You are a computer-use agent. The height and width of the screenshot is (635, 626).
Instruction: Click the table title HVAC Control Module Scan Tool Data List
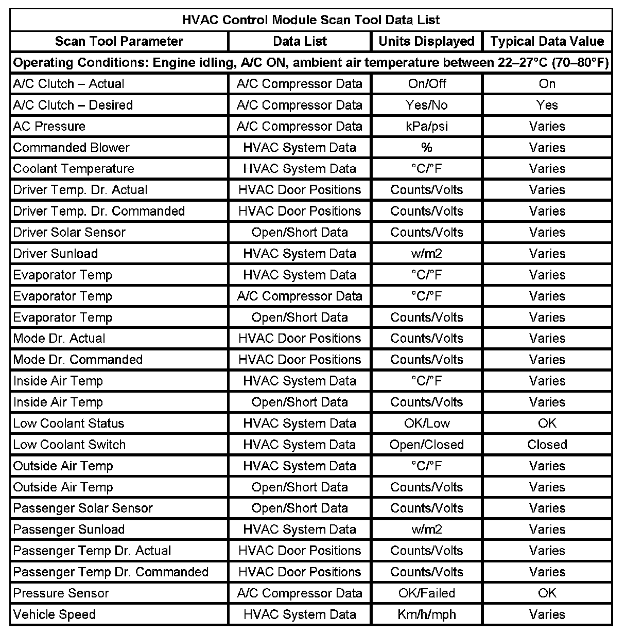point(311,20)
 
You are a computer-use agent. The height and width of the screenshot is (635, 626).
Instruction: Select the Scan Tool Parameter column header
point(119,41)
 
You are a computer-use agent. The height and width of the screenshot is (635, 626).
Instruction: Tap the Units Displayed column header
point(426,41)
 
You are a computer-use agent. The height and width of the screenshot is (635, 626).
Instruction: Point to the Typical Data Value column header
point(547,41)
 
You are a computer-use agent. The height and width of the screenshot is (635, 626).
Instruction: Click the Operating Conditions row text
point(311,63)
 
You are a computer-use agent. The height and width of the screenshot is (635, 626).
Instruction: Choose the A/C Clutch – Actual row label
point(68,84)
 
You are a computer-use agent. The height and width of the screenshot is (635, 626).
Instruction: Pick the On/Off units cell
point(427,84)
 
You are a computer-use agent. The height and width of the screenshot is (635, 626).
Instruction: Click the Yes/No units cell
point(427,105)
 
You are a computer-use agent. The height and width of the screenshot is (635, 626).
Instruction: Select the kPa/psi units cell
point(427,126)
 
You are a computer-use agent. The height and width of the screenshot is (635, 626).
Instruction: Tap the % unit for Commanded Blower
point(427,148)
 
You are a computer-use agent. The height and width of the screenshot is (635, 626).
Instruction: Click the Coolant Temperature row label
point(74,169)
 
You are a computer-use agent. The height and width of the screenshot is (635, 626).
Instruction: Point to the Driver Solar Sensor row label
point(69,232)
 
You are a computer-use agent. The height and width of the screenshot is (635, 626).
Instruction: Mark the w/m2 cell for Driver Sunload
point(427,254)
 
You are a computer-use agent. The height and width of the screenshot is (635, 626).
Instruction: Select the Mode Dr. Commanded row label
point(78,360)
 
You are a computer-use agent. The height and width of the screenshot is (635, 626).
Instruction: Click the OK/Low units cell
point(427,424)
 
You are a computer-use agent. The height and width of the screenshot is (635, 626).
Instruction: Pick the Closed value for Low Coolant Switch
point(547,445)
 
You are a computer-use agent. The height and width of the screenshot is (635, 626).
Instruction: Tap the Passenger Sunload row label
point(69,530)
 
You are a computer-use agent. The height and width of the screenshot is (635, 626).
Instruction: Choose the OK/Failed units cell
point(427,593)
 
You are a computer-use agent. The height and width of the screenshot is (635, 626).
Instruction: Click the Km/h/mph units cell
point(427,614)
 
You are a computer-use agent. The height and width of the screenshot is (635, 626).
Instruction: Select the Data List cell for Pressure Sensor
point(300,593)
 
